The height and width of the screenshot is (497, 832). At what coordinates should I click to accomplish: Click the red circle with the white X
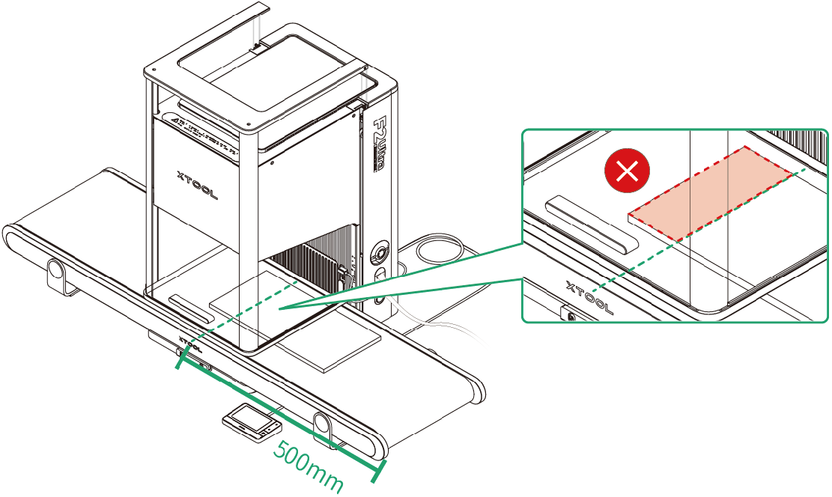[x=627, y=172]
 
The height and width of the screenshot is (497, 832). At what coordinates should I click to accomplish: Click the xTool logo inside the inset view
[x=591, y=297]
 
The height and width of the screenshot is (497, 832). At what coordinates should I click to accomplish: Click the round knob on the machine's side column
[x=380, y=250]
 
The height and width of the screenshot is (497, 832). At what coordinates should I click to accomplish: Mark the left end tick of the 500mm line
[x=179, y=360]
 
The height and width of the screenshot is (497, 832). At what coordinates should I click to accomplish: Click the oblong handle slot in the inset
[x=592, y=225]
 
